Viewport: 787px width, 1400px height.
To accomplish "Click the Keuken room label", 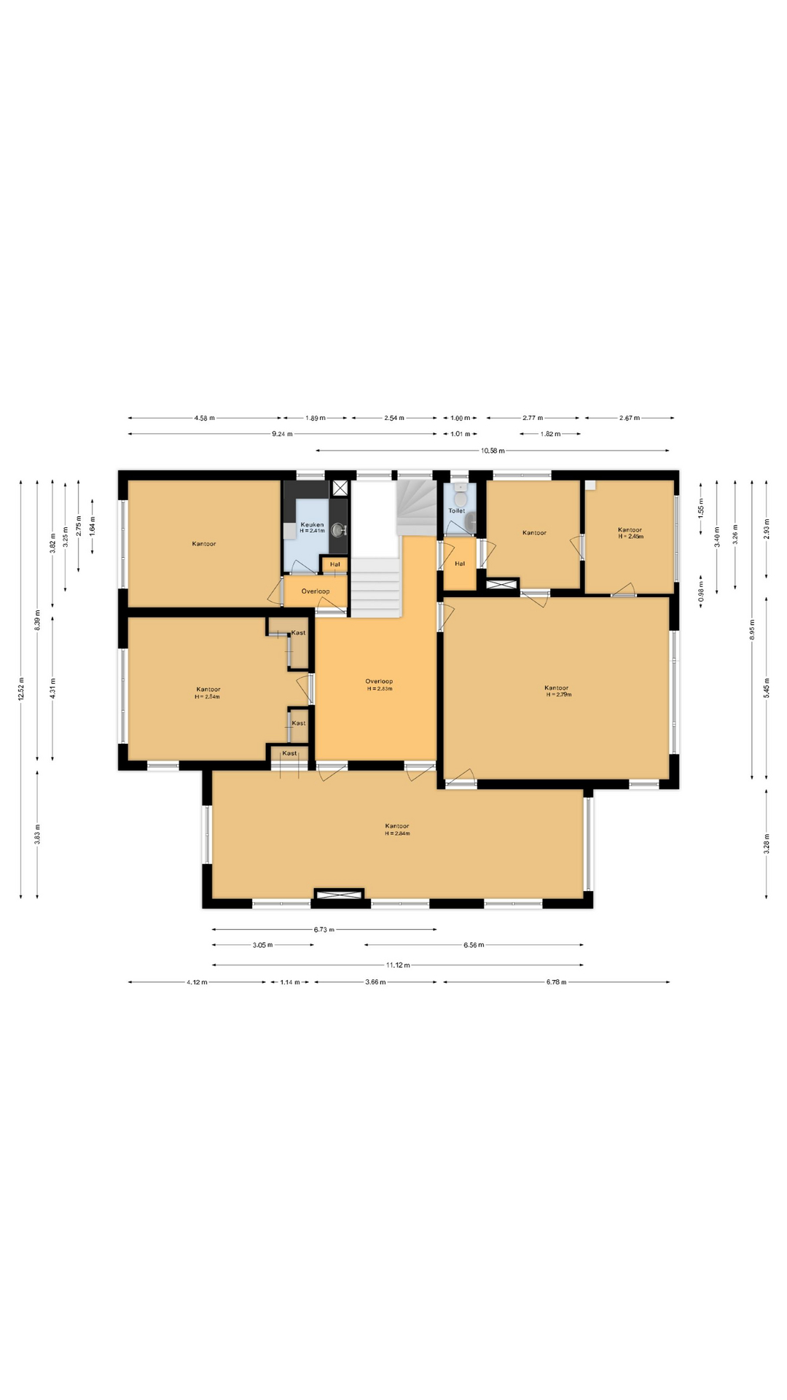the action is (312, 524).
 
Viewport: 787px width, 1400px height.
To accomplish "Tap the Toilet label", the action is (457, 510).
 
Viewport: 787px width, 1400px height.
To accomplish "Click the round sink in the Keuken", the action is (337, 529).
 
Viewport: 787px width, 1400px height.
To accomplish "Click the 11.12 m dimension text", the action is (398, 965).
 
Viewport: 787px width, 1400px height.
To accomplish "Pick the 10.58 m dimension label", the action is (493, 451).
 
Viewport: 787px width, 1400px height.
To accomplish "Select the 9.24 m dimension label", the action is (282, 434).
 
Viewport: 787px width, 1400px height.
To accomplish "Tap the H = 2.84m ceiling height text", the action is (398, 833).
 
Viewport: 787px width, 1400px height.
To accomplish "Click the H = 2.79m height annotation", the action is (559, 695).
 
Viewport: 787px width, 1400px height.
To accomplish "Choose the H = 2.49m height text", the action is (631, 536).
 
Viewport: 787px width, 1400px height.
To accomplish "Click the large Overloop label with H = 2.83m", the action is (379, 685).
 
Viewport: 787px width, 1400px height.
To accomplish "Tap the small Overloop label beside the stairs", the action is (316, 591).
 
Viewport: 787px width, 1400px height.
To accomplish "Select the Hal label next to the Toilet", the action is (460, 564).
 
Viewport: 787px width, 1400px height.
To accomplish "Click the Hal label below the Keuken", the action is (334, 564).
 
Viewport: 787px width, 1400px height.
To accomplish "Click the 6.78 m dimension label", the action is (556, 982).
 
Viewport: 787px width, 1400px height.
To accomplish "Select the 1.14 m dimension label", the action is (290, 982).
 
